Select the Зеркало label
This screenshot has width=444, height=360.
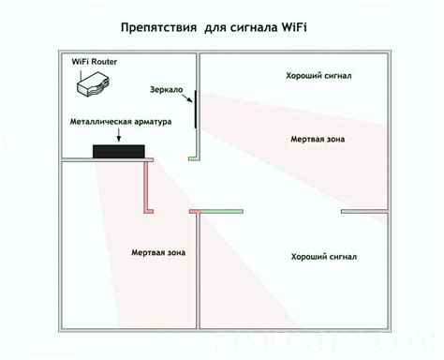click(x=167, y=90)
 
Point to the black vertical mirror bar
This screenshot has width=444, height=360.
click(x=195, y=110)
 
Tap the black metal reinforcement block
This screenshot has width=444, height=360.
click(x=117, y=151)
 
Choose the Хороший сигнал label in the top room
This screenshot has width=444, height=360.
click(x=318, y=75)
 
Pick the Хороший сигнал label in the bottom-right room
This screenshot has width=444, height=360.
click(x=324, y=256)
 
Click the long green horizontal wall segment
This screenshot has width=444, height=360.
click(x=219, y=210)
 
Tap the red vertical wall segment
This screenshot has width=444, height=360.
click(x=147, y=187)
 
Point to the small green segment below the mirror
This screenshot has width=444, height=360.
click(x=194, y=157)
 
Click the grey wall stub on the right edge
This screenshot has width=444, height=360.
click(x=364, y=210)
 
